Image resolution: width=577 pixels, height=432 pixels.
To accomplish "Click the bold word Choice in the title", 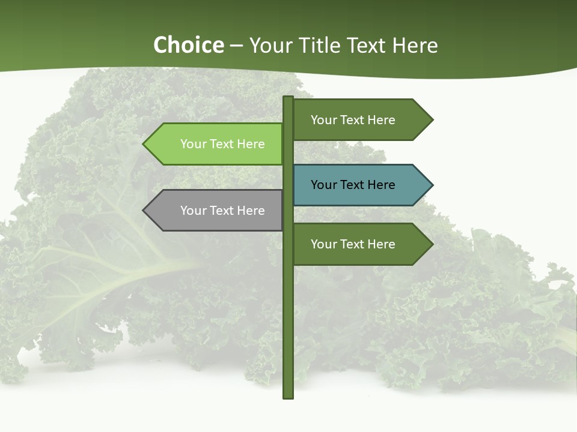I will tap(188, 46).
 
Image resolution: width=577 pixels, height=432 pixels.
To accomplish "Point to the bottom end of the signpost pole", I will tap(288, 397).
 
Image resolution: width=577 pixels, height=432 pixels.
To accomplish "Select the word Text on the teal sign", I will tap(353, 185).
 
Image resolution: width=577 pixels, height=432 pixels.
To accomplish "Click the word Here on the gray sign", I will tap(251, 211).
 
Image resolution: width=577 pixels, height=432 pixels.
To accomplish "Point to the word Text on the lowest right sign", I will tap(353, 244).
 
